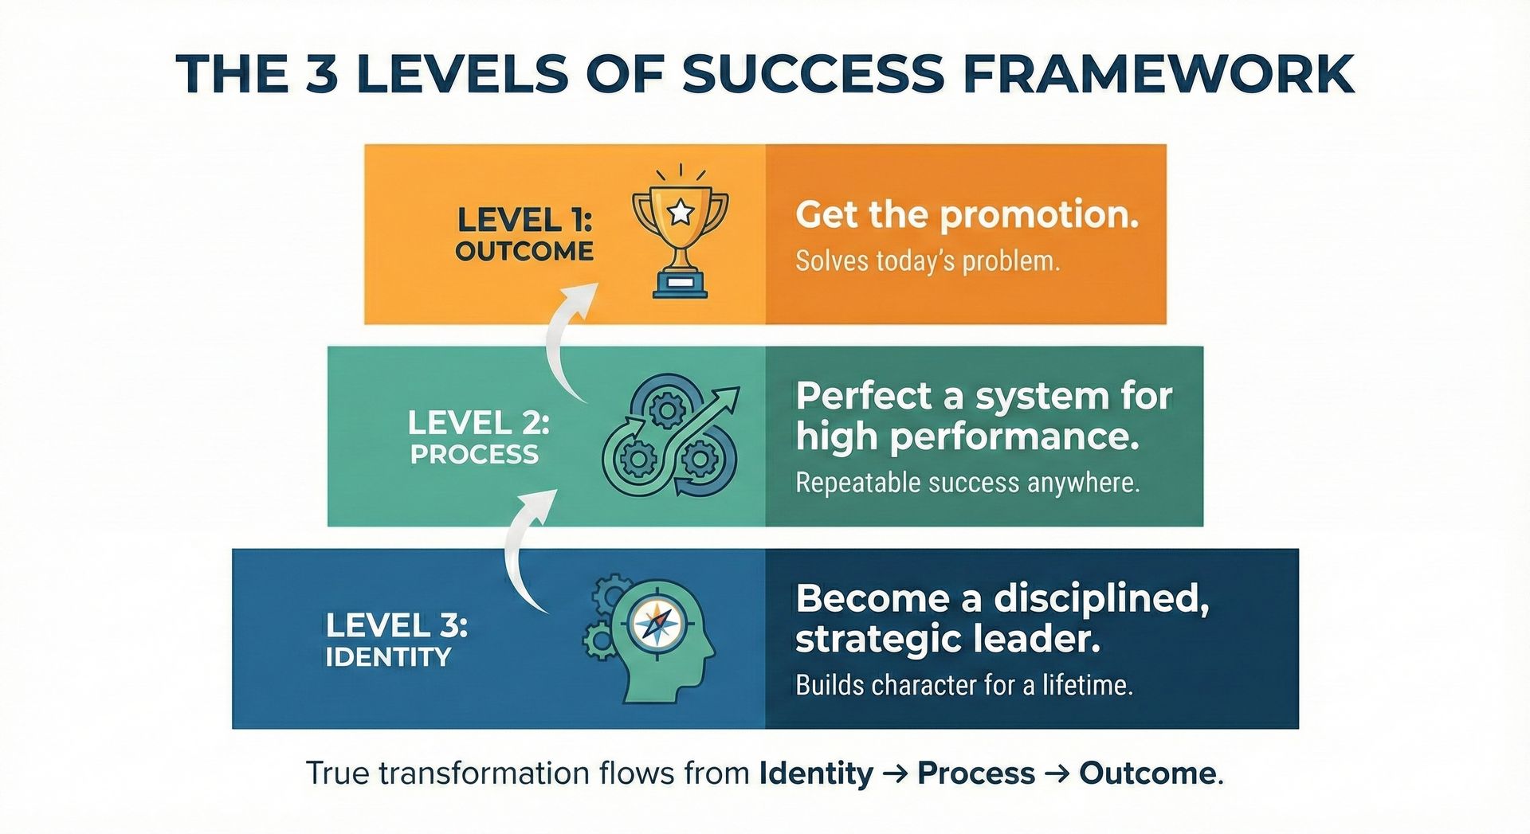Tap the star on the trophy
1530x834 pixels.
(x=680, y=212)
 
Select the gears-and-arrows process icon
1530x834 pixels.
(x=670, y=436)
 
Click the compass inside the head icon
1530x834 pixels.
(x=656, y=624)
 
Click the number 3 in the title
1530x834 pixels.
(x=321, y=74)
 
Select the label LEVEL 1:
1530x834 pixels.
(x=524, y=219)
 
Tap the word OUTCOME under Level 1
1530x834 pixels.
(x=524, y=251)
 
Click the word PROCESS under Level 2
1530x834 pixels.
(x=474, y=454)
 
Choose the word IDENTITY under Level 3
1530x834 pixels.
(x=388, y=657)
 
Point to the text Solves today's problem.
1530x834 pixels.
(x=928, y=261)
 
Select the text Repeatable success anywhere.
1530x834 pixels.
(x=967, y=483)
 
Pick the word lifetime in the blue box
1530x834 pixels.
(x=1088, y=685)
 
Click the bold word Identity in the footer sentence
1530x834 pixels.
(x=816, y=773)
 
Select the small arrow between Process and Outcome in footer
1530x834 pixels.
(x=1057, y=773)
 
